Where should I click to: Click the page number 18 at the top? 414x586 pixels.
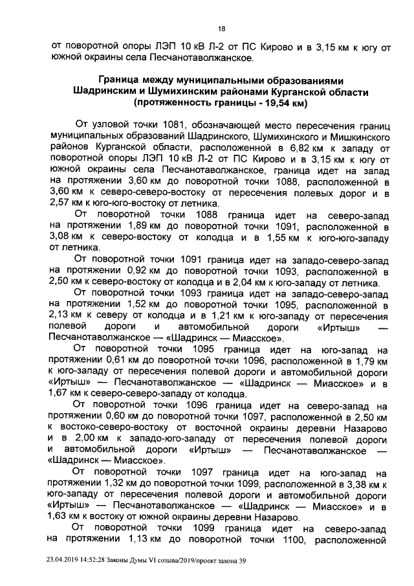coord(221,29)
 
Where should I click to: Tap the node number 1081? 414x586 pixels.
coord(175,124)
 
